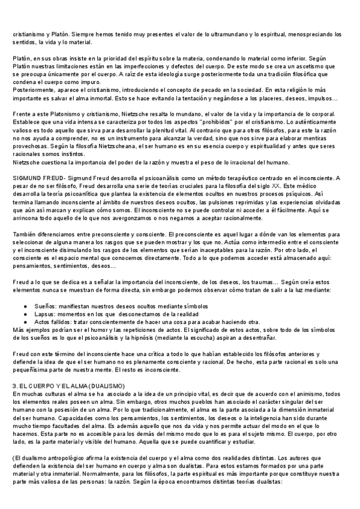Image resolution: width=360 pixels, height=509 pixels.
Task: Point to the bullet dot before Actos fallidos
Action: click(27, 322)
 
